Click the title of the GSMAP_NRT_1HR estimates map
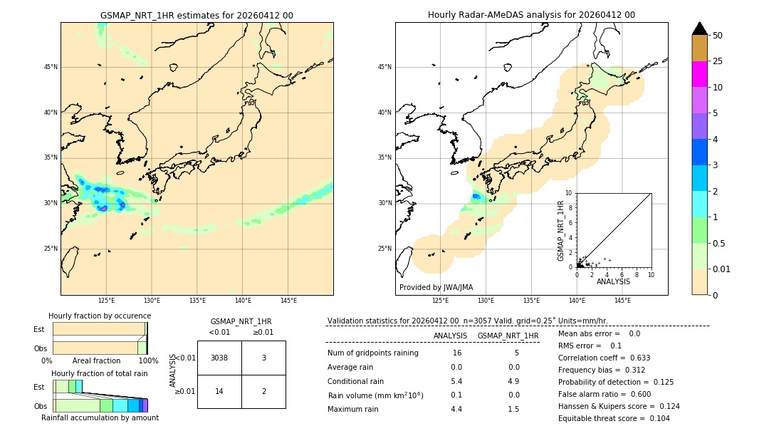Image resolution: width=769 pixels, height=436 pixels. tap(197, 15)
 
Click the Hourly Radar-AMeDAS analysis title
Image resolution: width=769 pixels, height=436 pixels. tap(531, 15)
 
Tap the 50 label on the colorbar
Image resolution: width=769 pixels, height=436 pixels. tap(718, 36)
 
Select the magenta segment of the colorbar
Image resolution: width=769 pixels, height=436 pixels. tap(699, 74)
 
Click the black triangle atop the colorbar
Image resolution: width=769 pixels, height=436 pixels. tap(699, 28)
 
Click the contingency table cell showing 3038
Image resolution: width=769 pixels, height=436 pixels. tap(219, 358)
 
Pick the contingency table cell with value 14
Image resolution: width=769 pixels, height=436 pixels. tap(219, 391)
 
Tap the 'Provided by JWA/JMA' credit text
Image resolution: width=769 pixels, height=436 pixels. tap(436, 287)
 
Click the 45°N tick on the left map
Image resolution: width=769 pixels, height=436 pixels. tap(51, 67)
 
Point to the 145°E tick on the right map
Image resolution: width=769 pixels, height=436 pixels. tap(622, 301)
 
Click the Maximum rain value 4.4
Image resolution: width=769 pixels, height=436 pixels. tap(456, 409)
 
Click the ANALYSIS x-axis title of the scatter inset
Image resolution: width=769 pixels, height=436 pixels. tap(613, 281)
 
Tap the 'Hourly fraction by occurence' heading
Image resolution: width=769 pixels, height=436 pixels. tap(100, 316)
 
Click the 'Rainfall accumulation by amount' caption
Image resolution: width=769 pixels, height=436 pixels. tap(100, 417)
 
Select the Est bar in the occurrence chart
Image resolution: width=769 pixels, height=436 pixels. tap(99, 328)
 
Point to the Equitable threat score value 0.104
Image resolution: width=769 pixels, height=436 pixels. tap(655, 418)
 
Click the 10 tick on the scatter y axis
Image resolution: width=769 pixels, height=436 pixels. tap(569, 192)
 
